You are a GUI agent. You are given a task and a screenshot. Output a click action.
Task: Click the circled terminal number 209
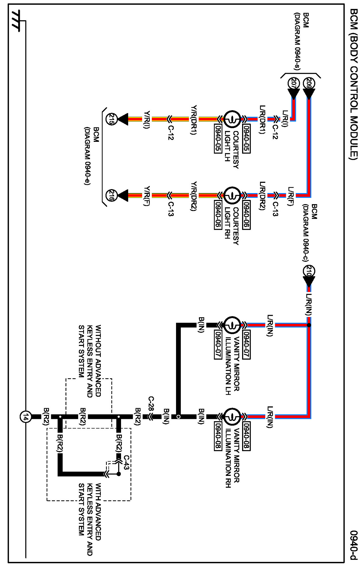[309, 83]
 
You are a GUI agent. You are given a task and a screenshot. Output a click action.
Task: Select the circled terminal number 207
[294, 83]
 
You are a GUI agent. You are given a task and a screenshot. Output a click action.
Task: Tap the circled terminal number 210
[309, 271]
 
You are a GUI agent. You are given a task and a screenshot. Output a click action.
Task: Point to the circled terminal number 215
[111, 119]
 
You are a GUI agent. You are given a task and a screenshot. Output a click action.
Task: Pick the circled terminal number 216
[111, 195]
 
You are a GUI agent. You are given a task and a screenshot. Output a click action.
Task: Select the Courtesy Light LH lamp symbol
[232, 119]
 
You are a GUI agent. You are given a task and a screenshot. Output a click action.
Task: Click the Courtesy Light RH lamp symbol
[232, 195]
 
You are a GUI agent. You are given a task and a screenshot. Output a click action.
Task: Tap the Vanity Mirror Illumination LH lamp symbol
[232, 325]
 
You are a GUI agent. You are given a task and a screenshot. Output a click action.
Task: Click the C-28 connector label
[151, 404]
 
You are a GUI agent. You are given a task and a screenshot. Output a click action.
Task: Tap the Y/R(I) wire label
[146, 120]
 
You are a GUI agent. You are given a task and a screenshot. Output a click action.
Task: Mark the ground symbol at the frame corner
[16, 21]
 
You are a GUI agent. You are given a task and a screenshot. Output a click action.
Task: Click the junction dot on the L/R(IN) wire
[309, 325]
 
